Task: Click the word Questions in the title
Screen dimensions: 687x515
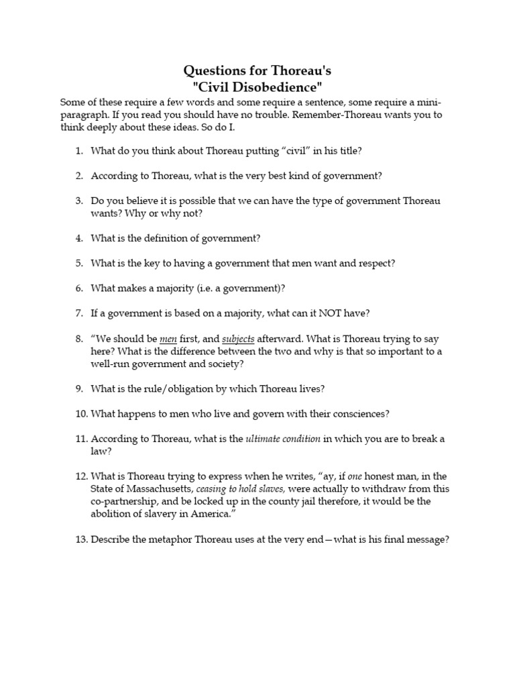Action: tap(213, 70)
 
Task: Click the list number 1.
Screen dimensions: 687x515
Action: tap(78, 150)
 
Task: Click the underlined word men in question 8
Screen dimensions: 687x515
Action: tap(168, 339)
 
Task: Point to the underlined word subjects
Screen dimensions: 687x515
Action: tap(238, 339)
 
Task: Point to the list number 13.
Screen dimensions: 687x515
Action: tap(80, 539)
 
